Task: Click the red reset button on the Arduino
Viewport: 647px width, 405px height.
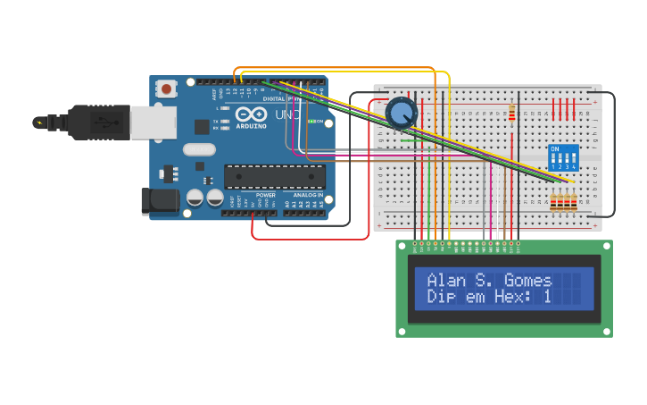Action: (x=166, y=89)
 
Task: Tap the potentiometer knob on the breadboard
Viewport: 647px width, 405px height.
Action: (x=402, y=113)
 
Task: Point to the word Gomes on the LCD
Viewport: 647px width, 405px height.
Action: (x=528, y=280)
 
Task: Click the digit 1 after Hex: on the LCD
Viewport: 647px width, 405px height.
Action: (x=547, y=296)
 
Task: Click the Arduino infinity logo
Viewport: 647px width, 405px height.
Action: (x=251, y=115)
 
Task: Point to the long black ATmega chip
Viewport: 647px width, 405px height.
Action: (x=274, y=177)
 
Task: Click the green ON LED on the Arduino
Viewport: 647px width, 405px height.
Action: (x=310, y=121)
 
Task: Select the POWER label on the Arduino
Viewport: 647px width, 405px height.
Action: (x=266, y=194)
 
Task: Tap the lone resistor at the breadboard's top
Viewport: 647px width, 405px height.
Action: (x=511, y=113)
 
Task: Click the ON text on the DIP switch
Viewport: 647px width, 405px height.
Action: (x=555, y=148)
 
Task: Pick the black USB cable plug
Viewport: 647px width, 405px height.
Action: (x=98, y=122)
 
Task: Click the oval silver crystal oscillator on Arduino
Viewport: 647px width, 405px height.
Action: (x=199, y=149)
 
